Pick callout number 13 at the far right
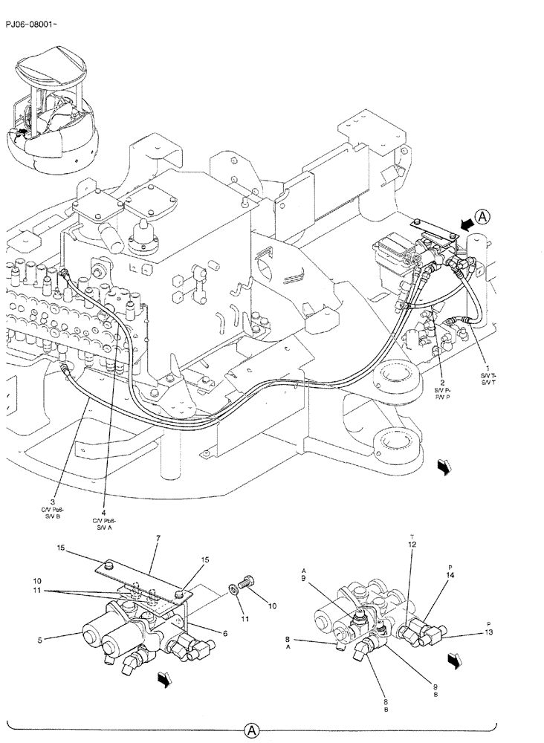489,633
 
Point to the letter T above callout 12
412,535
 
